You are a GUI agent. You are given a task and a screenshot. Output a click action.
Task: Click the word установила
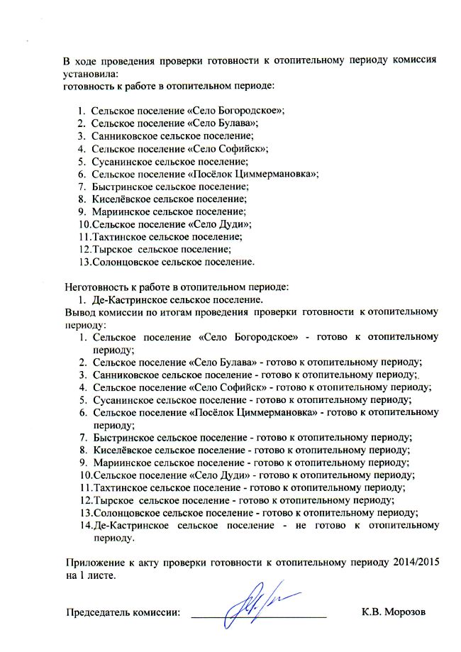(x=90, y=73)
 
